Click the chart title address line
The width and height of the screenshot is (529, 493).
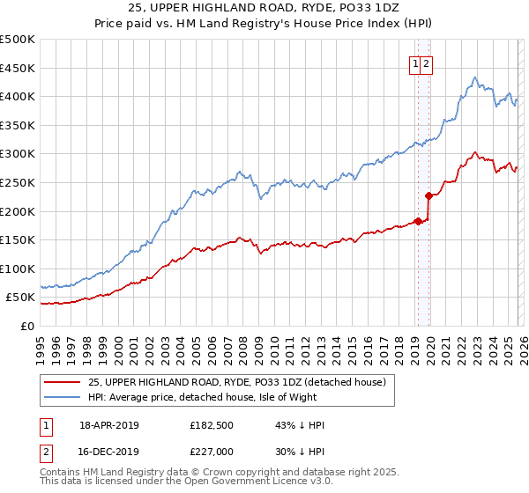(x=264, y=7)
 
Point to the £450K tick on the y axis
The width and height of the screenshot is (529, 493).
(x=18, y=68)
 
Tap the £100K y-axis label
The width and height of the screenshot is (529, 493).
(x=18, y=269)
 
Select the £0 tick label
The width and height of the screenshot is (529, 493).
(x=26, y=326)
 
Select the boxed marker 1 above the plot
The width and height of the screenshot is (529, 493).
(x=414, y=63)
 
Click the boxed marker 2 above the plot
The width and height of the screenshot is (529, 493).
(x=427, y=63)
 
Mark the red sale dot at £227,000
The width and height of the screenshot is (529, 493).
(x=429, y=195)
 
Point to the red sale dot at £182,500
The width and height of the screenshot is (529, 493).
(x=419, y=221)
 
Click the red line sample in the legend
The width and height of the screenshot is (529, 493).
(x=62, y=383)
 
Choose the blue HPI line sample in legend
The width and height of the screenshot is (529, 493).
(x=62, y=397)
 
